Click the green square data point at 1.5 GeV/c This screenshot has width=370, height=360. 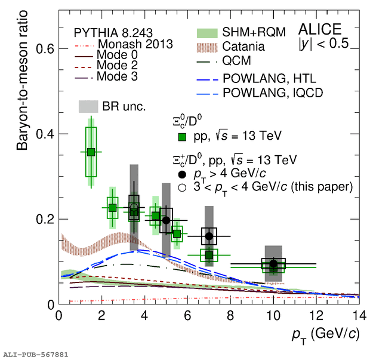91,152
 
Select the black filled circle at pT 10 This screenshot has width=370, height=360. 273,263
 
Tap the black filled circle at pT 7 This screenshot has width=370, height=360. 209,236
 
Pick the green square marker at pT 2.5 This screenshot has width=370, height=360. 113,208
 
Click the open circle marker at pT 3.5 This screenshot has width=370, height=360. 134,207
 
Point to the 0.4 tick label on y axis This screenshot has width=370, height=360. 45,134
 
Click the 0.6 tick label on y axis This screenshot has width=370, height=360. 45,48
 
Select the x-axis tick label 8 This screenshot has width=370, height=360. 230,315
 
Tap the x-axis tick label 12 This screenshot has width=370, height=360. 316,315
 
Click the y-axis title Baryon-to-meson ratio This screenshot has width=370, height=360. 22,80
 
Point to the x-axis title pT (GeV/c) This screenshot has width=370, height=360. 326,335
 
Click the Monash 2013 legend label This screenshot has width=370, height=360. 135,44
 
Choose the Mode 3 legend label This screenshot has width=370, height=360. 117,76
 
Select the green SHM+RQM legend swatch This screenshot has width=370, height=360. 207,33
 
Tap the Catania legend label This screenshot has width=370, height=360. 243,47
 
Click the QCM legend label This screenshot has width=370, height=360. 236,61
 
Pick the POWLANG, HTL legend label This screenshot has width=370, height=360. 270,78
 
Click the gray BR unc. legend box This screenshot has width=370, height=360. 88,106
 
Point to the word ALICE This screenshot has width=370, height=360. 320,29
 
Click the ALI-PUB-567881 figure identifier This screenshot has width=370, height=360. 36,355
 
